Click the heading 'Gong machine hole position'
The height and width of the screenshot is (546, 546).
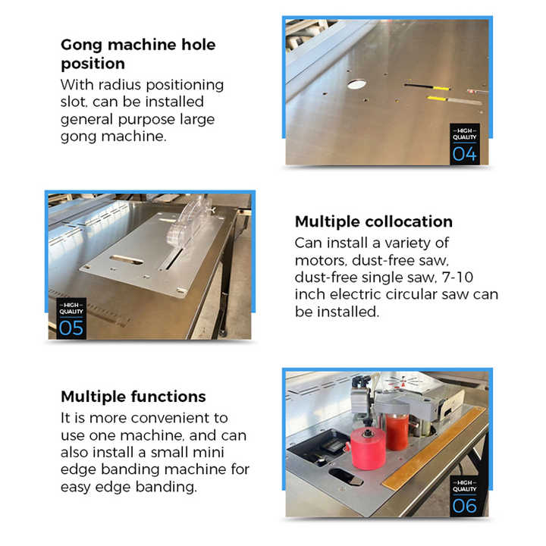(x=137, y=54)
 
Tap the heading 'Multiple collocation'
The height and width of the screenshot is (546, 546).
(x=373, y=221)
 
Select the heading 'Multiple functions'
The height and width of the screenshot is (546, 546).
(x=133, y=397)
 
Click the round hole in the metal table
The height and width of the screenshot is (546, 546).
(x=356, y=84)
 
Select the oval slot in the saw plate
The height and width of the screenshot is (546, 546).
(x=126, y=260)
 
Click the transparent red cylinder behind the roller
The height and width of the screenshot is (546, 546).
(x=397, y=428)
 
